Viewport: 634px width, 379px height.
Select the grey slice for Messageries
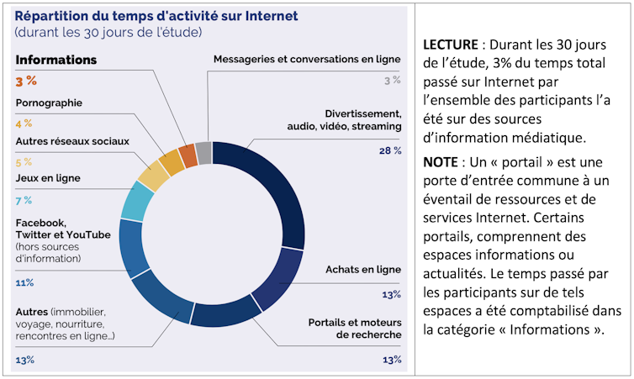pos(203,153)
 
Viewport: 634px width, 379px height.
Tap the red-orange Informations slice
pos(189,155)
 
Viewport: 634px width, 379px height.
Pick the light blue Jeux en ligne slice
pos(137,200)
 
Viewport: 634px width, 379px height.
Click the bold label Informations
pos(56,61)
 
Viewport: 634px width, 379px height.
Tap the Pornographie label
pos(50,103)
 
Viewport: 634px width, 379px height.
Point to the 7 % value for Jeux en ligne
pos(24,200)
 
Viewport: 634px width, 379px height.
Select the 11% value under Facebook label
pos(24,282)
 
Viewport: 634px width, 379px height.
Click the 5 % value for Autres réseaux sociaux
pos(24,162)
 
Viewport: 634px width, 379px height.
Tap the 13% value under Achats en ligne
pos(391,294)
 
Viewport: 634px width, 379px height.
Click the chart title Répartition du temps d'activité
pos(156,16)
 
